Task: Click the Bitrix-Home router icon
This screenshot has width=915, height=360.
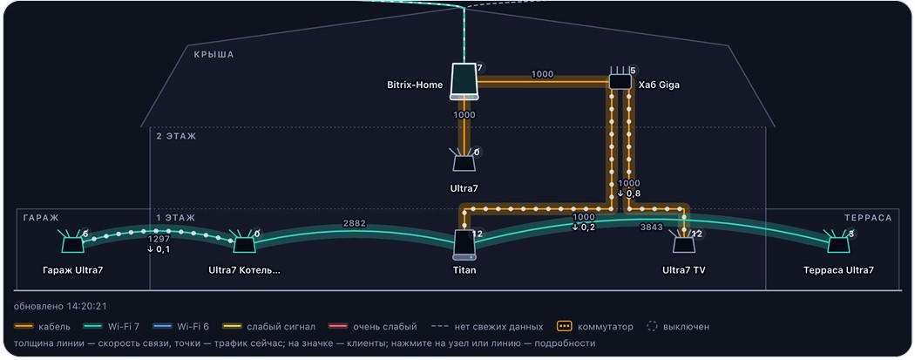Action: click(x=464, y=81)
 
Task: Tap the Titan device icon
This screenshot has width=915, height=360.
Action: click(x=464, y=245)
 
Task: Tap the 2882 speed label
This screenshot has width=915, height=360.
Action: click(x=354, y=224)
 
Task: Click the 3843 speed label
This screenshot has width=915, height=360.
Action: click(x=651, y=227)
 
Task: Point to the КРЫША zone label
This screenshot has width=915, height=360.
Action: click(x=213, y=55)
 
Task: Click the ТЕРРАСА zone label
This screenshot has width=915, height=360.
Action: click(x=868, y=218)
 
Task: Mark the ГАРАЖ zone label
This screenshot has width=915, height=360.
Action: click(x=41, y=218)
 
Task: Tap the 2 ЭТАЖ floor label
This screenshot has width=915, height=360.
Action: click(x=176, y=137)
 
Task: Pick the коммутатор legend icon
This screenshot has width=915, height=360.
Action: click(x=564, y=327)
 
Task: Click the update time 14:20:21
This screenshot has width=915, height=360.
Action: click(x=88, y=306)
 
